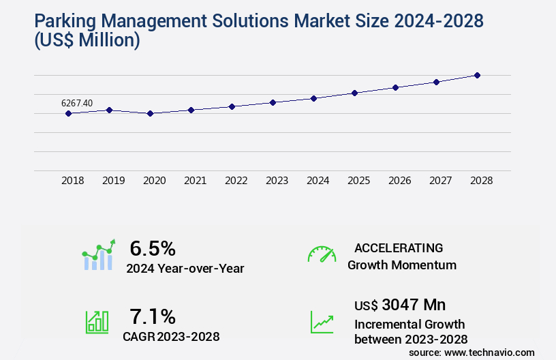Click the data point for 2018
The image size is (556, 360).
68,113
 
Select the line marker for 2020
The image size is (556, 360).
150,113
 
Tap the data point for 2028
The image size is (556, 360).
477,75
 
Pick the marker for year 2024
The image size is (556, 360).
313,98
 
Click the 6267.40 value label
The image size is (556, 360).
77,103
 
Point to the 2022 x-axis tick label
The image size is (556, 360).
236,181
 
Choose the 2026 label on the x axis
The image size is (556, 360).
399,181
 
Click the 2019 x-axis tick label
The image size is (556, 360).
113,181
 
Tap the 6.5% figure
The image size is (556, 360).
153,247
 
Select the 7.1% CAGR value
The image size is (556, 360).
153,316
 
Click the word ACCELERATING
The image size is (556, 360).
399,247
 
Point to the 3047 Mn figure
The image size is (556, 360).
414,304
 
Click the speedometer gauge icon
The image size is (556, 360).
322,254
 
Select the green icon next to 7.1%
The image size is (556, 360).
97,322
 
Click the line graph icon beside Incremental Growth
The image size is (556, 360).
322,322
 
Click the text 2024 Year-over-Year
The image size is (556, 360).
185,268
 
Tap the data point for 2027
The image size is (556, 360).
436,82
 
